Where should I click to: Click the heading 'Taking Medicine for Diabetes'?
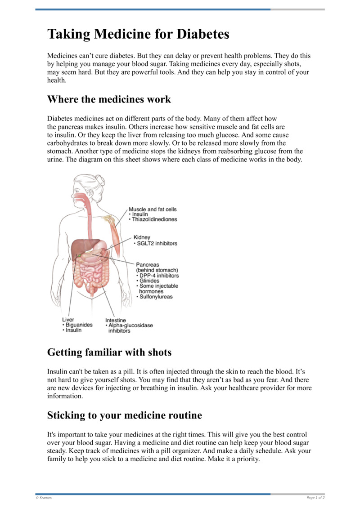[138, 34]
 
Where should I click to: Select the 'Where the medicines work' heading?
[109, 99]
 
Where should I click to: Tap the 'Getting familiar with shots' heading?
[109, 352]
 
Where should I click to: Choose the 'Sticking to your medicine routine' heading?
[125, 415]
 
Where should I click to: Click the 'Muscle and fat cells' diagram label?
[153, 209]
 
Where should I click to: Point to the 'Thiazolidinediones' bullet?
[154, 219]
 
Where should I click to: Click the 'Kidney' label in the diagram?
[142, 237]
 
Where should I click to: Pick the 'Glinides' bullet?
[149, 281]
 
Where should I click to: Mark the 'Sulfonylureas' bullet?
[156, 297]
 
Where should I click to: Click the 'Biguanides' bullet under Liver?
[79, 325]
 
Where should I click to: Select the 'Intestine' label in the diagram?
[115, 320]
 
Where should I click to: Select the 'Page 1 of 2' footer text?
[315, 498]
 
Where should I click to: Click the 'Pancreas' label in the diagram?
[147, 265]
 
